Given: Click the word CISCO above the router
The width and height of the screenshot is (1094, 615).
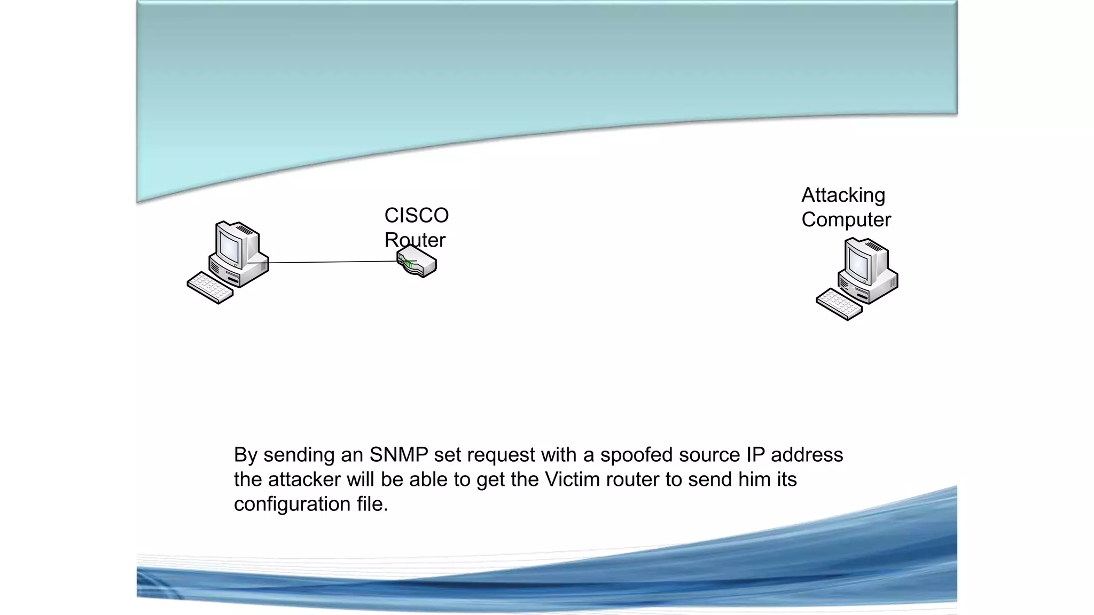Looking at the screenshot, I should pyautogui.click(x=416, y=216).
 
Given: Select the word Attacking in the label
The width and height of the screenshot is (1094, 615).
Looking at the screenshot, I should pyautogui.click(x=843, y=195).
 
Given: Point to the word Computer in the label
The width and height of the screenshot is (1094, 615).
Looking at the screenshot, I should pyautogui.click(x=846, y=220).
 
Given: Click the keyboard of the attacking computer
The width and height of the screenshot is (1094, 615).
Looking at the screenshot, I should pyautogui.click(x=839, y=304).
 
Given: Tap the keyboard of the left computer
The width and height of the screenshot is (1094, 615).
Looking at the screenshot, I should pyautogui.click(x=210, y=288).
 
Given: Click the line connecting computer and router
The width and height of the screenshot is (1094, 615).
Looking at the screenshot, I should pyautogui.click(x=331, y=262).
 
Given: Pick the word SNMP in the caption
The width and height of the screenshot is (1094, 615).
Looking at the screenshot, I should pyautogui.click(x=398, y=455).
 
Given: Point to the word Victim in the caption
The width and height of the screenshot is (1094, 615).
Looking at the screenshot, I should pyautogui.click(x=572, y=479).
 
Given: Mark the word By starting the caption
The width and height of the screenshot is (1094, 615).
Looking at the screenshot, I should pyautogui.click(x=246, y=455).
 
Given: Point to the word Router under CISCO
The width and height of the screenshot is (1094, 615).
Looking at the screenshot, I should pyautogui.click(x=415, y=240).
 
